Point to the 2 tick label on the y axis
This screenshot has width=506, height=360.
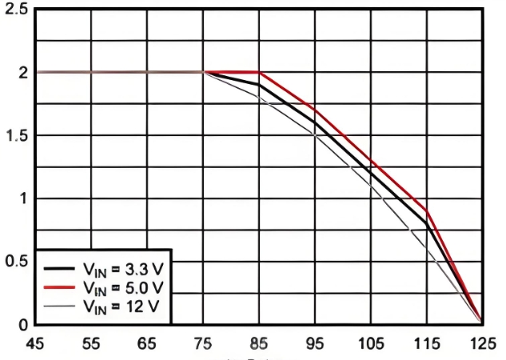tap(22, 72)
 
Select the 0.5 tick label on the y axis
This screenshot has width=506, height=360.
tap(15, 262)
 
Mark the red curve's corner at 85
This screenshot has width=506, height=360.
tap(259, 72)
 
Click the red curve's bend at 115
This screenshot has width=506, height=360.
tap(427, 210)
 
